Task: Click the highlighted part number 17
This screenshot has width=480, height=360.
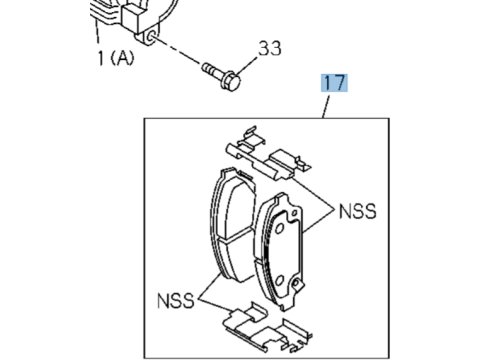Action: coord(334,83)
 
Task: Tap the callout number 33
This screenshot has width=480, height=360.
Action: coord(270,48)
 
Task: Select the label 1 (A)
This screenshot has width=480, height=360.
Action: coord(116,58)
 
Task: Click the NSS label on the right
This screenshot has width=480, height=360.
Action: coord(357,211)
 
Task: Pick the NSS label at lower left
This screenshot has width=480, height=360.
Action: coord(175,300)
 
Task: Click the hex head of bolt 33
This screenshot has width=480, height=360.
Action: coord(231,81)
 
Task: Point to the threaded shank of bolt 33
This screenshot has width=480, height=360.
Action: coord(211,69)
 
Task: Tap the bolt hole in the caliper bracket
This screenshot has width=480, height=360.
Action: coord(151,37)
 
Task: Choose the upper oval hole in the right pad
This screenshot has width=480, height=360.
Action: coord(279,228)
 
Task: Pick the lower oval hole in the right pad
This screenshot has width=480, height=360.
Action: coord(279,280)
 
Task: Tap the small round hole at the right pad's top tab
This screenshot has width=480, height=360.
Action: coord(294,213)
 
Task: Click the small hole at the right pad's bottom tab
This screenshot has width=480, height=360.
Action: coord(295,283)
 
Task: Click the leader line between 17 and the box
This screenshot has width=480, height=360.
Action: coord(326,107)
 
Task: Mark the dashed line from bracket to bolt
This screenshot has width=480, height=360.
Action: coord(178,51)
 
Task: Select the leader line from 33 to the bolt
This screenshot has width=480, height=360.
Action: coord(247,66)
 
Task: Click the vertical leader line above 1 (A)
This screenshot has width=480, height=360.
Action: coord(97,32)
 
